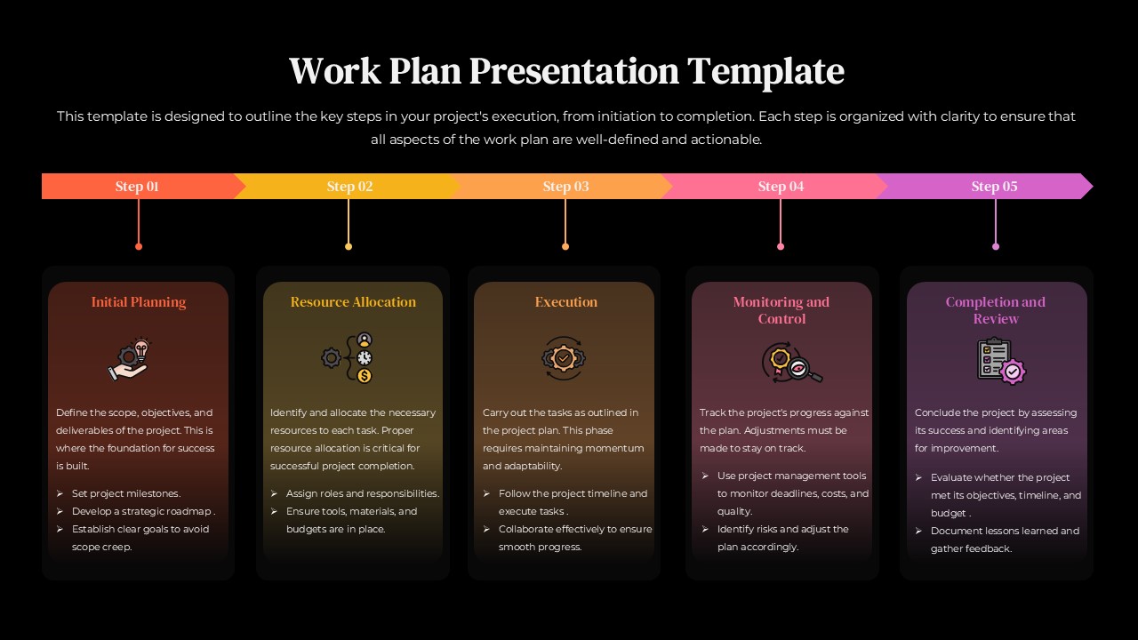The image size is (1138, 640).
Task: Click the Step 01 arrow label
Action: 137,187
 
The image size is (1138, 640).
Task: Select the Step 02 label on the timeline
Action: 349,187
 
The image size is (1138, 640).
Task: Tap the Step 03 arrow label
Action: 565,187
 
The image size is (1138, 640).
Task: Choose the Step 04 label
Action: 781,187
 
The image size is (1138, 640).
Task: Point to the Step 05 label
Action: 994,187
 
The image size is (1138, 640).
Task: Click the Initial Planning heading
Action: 139,302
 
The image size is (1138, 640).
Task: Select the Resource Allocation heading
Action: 353,302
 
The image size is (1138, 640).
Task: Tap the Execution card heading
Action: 566,302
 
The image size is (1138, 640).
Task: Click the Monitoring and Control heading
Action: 781,310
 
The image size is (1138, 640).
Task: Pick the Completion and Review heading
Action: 996,310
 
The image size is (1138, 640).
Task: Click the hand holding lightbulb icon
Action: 130,359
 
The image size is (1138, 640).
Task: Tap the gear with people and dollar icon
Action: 349,358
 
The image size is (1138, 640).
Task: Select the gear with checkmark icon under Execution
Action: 564,358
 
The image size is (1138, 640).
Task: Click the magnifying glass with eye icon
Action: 790,363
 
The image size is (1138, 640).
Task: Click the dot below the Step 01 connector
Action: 139,246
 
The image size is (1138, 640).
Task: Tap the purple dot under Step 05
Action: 996,246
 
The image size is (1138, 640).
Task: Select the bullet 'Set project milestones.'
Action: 126,493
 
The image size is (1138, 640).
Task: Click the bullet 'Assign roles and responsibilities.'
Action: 363,493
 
